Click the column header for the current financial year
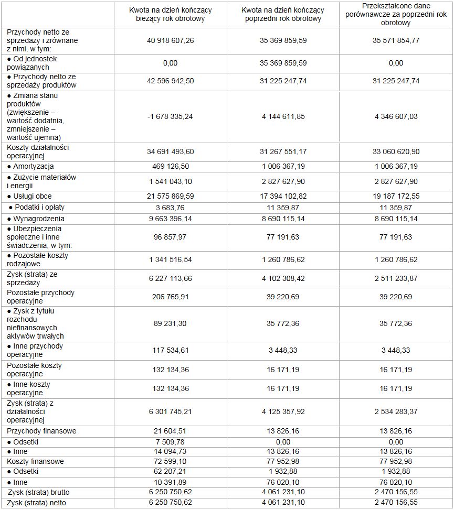[170, 15]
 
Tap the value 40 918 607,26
[170, 40]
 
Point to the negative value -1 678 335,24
[170, 116]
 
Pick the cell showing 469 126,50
[170, 166]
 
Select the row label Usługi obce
[33, 196]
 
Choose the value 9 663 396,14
[170, 219]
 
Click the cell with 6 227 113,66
[170, 279]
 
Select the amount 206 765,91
[170, 297]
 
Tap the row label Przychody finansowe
[41, 431]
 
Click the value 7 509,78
[170, 441]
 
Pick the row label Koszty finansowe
[35, 461]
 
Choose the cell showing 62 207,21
[170, 472]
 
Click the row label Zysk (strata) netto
[37, 503]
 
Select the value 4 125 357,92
[283, 411]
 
